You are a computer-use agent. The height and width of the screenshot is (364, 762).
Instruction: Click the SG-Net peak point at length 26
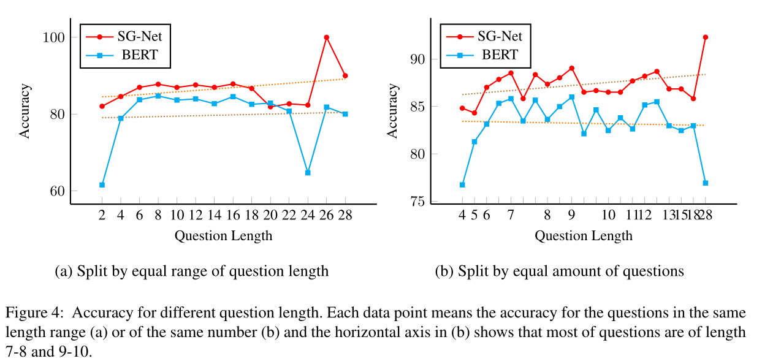[x=326, y=37]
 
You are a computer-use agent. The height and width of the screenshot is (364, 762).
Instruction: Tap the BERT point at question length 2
[x=102, y=184]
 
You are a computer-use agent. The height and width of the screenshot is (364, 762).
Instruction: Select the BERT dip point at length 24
[x=308, y=173]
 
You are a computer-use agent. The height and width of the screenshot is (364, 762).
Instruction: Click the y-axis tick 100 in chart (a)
[x=55, y=37]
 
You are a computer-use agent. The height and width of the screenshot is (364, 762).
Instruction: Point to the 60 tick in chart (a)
[x=58, y=191]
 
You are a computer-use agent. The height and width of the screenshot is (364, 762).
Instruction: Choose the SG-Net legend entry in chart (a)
[x=125, y=36]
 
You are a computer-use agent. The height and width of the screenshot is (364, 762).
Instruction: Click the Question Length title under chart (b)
[x=583, y=236]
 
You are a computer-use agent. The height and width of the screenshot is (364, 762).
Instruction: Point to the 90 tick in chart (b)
[x=419, y=59]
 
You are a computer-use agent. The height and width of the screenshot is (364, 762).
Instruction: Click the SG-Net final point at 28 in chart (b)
[x=706, y=37]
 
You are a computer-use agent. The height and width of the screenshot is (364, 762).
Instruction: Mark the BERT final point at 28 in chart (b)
[x=706, y=183]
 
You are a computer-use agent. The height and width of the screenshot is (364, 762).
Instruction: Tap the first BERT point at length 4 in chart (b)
[x=462, y=184]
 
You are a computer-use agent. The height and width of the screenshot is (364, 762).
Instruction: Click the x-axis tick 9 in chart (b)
[x=571, y=216]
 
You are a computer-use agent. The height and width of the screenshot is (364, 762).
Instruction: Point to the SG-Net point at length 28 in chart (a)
[x=345, y=76]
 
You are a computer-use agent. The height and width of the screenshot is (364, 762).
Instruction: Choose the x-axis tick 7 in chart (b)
[x=510, y=216]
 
